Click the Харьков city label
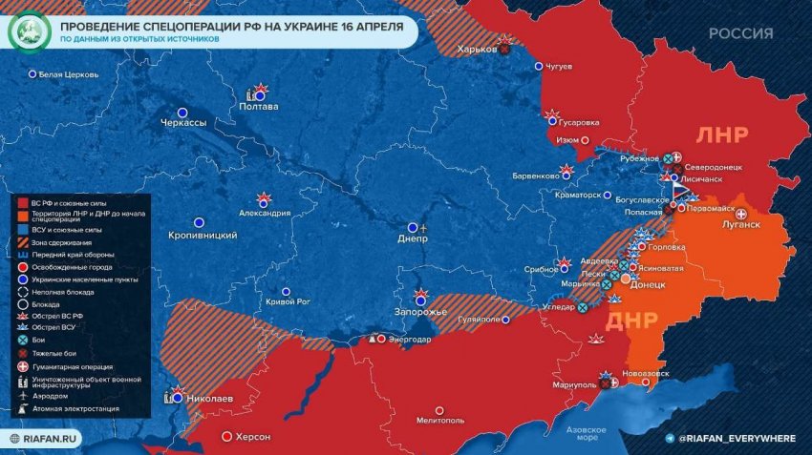[x=477, y=50]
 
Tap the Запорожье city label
[x=420, y=313]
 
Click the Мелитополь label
[x=439, y=420]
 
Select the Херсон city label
[x=253, y=437]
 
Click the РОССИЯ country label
[x=740, y=33]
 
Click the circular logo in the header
[x=29, y=31]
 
